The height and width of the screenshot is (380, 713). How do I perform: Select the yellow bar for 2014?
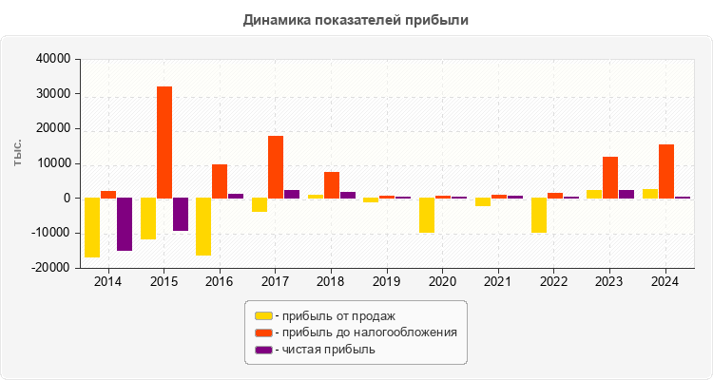[92, 227]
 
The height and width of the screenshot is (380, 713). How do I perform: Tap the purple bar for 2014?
[125, 224]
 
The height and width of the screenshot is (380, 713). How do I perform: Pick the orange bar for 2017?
[276, 167]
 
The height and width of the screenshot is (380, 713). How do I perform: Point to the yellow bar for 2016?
[203, 226]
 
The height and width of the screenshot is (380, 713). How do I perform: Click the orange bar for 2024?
[666, 171]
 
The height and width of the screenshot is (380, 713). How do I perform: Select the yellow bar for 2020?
[427, 215]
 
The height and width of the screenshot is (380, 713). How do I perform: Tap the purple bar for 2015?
[181, 214]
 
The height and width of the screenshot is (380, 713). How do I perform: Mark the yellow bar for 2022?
[539, 215]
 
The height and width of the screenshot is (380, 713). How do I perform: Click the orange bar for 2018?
[332, 185]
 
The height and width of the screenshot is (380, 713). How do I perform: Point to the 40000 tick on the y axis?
[53, 59]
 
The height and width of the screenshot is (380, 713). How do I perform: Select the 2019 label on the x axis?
[387, 282]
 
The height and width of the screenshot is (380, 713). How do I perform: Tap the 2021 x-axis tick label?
[499, 282]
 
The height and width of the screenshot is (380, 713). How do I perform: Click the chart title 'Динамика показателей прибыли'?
[356, 19]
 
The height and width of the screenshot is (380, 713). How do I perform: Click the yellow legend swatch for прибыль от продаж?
[263, 315]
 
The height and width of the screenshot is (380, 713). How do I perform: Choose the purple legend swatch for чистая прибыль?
[263, 350]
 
